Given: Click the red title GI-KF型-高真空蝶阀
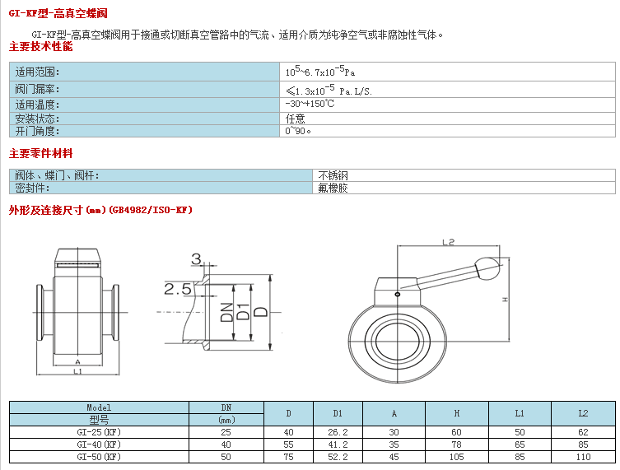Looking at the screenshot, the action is coord(58,13).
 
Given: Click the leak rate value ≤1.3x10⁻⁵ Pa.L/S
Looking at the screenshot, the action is coord(329,90).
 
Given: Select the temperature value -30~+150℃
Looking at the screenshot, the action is coord(310,104).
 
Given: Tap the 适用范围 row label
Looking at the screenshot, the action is coord(37,72).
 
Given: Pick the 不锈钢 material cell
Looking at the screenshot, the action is coord(333,175).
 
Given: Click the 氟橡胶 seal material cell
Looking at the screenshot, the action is coord(333,188).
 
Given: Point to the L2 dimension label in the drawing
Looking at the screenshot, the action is coord(448,241).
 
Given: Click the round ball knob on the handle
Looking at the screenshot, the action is coord(487,268).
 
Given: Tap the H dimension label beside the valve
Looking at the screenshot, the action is coord(505,300).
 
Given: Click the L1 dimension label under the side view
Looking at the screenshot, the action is coord(77,370).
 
